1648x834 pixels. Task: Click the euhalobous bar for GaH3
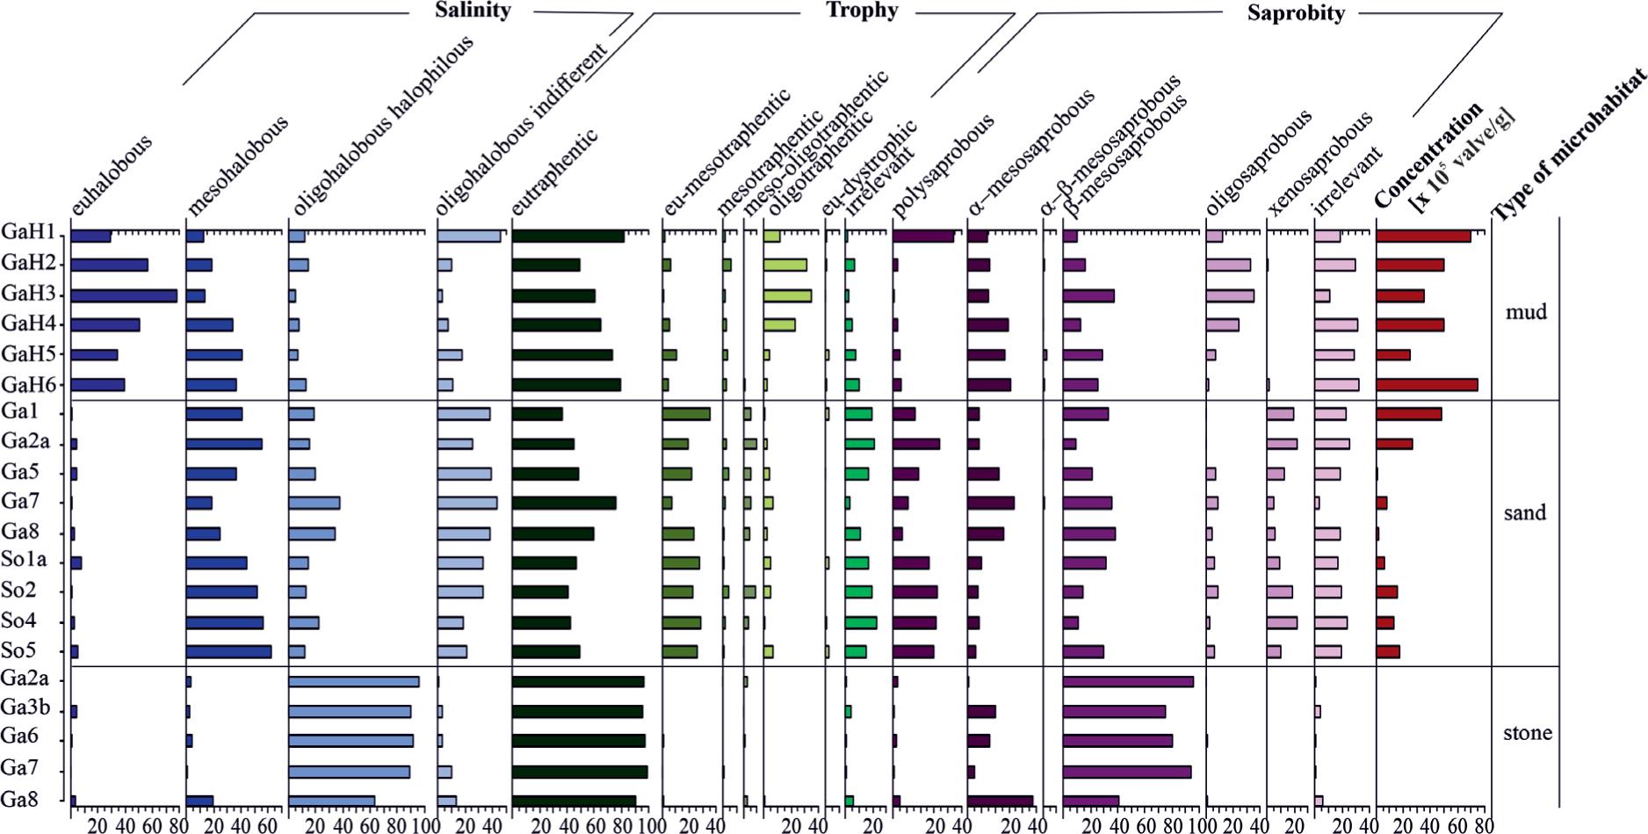point(124,295)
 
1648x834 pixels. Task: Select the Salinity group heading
point(473,11)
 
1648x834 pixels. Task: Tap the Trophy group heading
point(862,11)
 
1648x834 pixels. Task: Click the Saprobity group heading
point(1296,13)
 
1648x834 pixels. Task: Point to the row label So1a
point(24,562)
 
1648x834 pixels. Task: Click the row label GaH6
point(28,384)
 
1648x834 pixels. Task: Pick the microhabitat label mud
point(1526,312)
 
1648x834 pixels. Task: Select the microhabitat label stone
point(1527,732)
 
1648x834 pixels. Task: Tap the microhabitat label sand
point(1524,512)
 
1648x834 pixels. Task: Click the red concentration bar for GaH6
point(1427,384)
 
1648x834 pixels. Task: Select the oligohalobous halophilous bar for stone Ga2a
point(353,681)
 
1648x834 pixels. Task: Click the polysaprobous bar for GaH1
point(922,236)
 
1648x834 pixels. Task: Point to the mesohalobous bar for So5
point(228,651)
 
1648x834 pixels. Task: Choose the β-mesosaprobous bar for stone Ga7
point(1127,772)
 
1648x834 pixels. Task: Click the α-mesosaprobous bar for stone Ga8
point(1000,800)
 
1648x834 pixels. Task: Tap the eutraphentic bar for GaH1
point(567,236)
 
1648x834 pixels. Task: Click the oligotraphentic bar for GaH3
point(787,295)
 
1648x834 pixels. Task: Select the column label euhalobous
point(112,175)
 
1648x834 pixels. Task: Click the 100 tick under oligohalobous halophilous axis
point(422,826)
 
